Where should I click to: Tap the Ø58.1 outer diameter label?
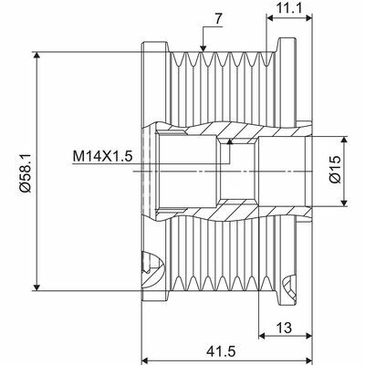[x=26, y=170]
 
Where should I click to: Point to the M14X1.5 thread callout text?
[x=102, y=156]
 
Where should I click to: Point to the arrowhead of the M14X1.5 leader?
[x=231, y=141]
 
